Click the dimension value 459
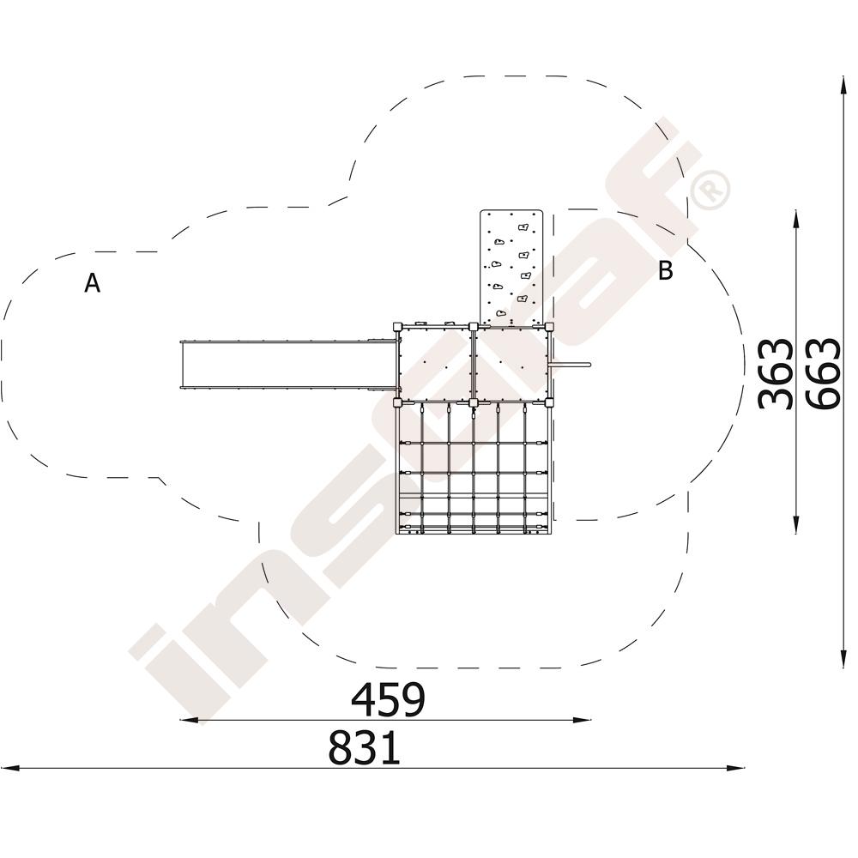[x=388, y=700]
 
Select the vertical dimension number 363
[x=776, y=374]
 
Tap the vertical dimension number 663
[x=823, y=374]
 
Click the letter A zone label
[x=93, y=283]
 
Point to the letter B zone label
[x=666, y=270]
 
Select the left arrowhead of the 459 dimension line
[x=188, y=720]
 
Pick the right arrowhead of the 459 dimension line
[x=583, y=720]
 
